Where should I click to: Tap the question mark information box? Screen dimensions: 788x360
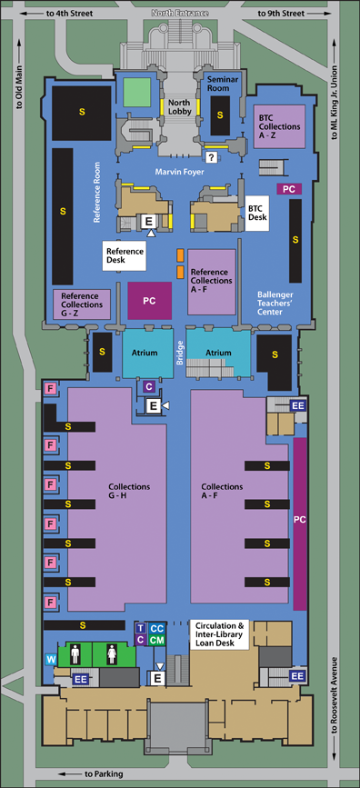click(211, 158)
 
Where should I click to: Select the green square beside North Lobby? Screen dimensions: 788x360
click(136, 93)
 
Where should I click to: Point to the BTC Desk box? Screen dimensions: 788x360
click(257, 212)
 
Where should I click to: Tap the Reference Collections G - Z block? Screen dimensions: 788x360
click(82, 304)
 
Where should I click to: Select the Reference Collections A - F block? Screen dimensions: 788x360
click(211, 276)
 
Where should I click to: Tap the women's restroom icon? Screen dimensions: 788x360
click(111, 654)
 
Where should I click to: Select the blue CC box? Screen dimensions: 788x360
click(156, 628)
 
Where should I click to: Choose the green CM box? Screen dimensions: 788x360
click(156, 640)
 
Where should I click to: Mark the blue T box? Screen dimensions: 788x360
click(140, 628)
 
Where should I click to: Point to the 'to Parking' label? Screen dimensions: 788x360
click(100, 773)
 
